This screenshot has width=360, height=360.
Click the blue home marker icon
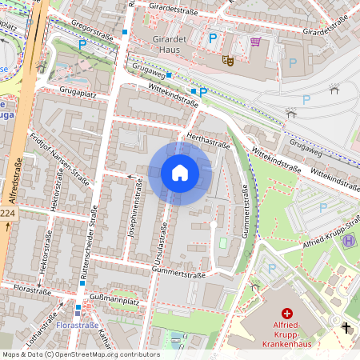[x=180, y=173]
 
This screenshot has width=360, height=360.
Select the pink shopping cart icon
[x=255, y=42]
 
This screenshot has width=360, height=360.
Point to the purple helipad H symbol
[x=327, y=240]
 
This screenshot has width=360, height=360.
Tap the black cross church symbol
[x=346, y=327]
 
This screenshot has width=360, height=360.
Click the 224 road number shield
[x=6, y=214]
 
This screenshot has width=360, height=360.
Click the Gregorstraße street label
[x=91, y=30]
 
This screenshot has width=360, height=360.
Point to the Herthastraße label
[x=207, y=141]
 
